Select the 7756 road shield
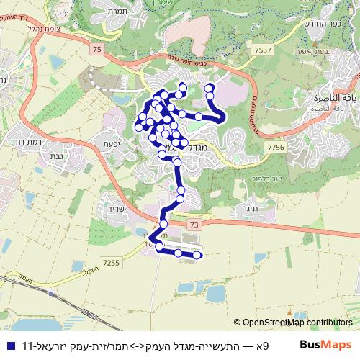[275, 147]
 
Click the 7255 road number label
[111, 264]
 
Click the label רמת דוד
[26, 142]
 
